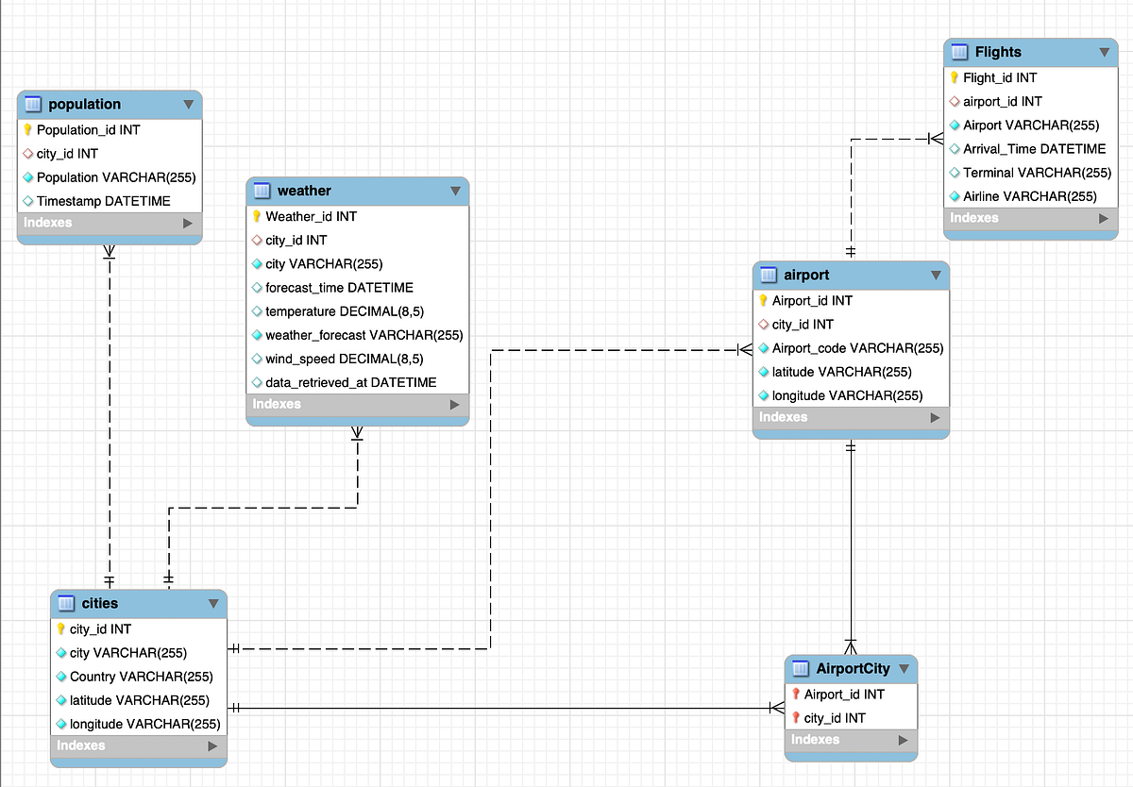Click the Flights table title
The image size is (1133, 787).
(998, 52)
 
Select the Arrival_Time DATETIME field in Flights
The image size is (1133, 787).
(1034, 149)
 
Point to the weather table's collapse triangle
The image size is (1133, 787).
(456, 191)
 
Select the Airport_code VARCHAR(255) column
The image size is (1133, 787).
(857, 348)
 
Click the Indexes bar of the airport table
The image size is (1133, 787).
(850, 417)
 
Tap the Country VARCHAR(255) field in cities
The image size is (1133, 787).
(141, 677)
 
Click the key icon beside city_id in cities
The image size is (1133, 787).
(61, 629)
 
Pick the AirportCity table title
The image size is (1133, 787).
(853, 668)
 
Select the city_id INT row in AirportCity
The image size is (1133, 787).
(834, 718)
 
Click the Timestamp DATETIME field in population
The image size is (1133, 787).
(103, 201)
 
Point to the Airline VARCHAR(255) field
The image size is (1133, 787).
(1029, 196)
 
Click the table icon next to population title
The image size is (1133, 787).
(33, 104)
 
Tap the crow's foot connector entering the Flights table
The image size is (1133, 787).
(935, 139)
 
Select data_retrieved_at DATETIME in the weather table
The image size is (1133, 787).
(350, 382)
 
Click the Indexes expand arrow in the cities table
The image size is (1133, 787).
(212, 745)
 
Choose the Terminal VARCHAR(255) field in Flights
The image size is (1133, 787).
(1037, 173)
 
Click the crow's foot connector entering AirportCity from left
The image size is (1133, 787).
(776, 708)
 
